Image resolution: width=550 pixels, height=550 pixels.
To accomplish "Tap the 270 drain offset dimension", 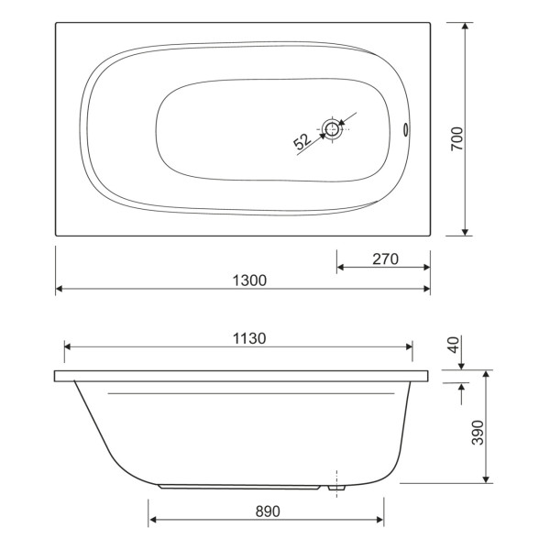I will coord(384,258).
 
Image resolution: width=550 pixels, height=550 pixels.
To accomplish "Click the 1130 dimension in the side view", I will coord(247,337).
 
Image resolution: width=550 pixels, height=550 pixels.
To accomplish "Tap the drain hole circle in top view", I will coord(332,129).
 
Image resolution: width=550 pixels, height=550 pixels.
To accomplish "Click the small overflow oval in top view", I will coord(409,129).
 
